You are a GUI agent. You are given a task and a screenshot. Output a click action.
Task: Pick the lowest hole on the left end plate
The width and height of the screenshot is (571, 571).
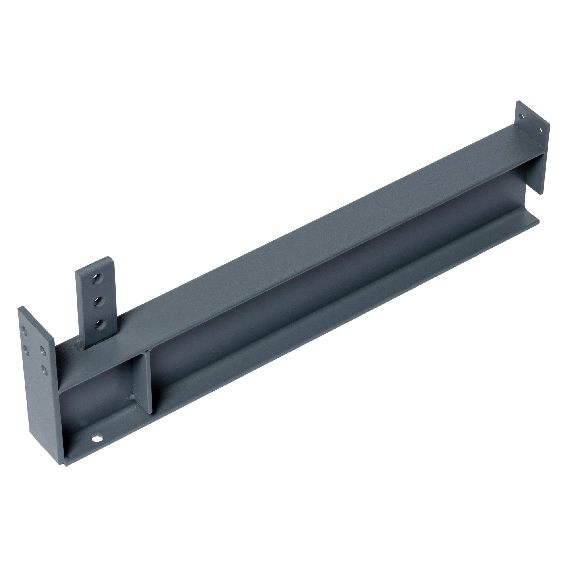[45, 370]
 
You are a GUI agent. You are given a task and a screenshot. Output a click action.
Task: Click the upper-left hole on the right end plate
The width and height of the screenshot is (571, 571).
[522, 116]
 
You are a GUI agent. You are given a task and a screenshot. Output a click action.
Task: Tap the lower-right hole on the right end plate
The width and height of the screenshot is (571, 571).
[540, 130]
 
